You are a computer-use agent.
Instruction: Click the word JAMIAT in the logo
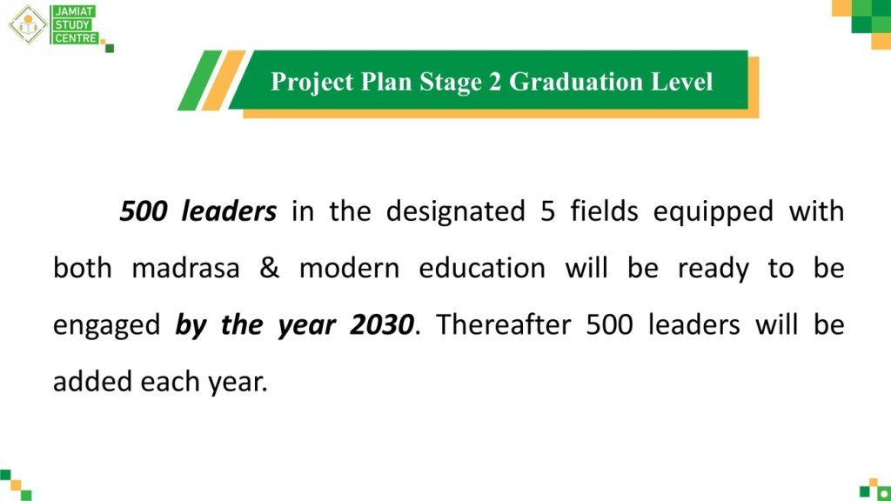coord(75,11)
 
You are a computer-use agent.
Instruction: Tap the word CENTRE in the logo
coord(77,38)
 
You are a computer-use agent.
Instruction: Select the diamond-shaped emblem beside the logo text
coord(27,24)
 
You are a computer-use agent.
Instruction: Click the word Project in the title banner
coord(312,82)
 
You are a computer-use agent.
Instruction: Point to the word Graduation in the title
coord(576,81)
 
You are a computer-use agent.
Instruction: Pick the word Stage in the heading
coord(451,83)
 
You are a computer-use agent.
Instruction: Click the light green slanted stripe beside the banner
coord(200,80)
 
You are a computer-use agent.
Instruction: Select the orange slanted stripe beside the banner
coord(224,80)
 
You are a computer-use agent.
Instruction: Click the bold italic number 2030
coord(381,325)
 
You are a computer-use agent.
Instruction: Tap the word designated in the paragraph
coord(456,212)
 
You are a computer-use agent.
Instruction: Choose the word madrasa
coord(186,268)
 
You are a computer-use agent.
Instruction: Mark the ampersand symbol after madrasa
coord(270,268)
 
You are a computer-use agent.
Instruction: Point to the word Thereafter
coord(504,325)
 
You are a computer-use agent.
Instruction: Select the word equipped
coord(713,212)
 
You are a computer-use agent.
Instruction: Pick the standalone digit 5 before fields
coord(547,210)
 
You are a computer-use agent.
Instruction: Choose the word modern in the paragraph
coord(350,268)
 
